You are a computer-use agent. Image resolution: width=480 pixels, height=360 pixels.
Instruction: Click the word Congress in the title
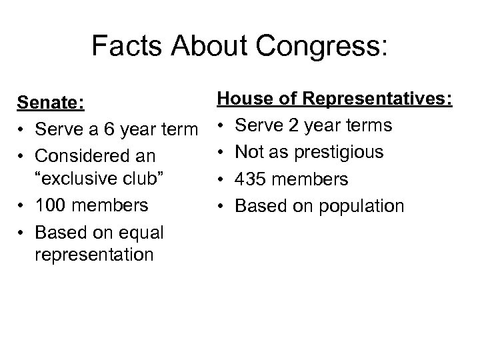[x=327, y=46]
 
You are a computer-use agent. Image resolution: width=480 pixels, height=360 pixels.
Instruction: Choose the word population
[x=362, y=205]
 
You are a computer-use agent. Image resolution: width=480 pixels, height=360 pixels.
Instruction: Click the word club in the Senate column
[x=147, y=180]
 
